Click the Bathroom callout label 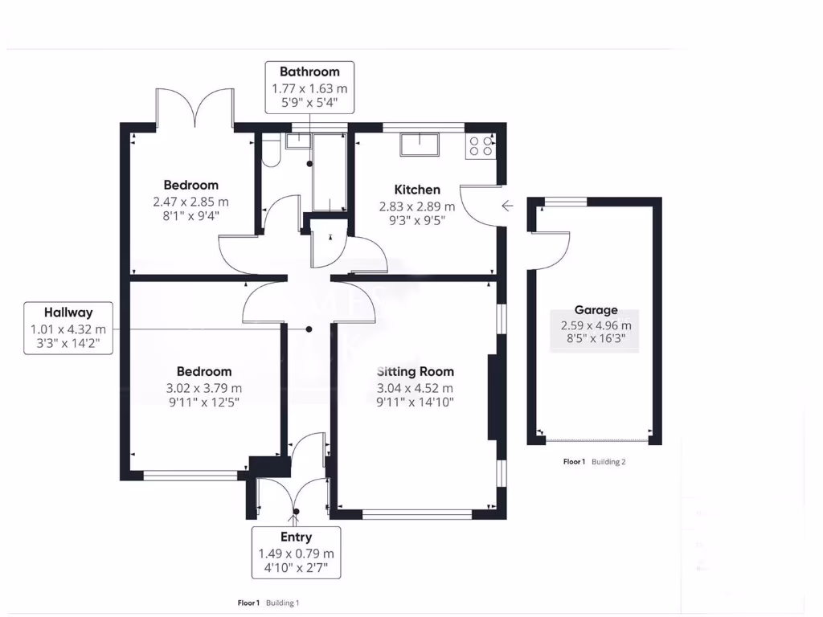309,72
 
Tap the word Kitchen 417,190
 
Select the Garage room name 596,310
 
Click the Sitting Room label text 416,371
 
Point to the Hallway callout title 68,313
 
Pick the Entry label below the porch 296,537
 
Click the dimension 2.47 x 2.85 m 190,201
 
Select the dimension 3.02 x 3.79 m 203,387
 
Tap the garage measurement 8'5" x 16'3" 596,339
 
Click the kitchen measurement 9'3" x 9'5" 417,220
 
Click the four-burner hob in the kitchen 481,145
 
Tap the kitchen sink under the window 420,145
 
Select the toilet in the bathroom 270,151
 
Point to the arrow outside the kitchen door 507,206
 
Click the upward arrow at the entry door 296,520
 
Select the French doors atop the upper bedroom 194,108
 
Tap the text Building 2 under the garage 608,462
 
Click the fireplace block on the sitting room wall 493,397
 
